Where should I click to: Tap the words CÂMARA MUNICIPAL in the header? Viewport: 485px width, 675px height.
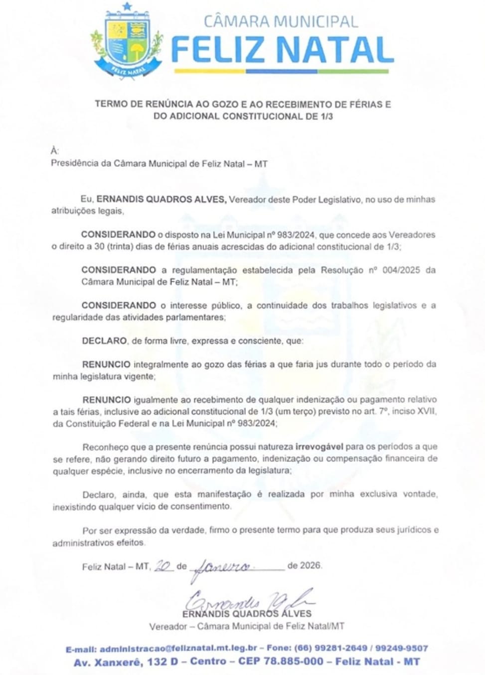(x=281, y=21)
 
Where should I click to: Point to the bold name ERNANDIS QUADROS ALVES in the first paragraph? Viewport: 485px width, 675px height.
(x=162, y=199)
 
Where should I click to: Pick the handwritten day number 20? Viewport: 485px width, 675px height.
(x=164, y=566)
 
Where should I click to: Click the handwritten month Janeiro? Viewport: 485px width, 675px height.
(x=222, y=567)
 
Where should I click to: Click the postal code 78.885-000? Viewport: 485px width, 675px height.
(x=294, y=662)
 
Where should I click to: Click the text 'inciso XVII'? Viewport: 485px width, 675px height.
(x=416, y=412)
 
